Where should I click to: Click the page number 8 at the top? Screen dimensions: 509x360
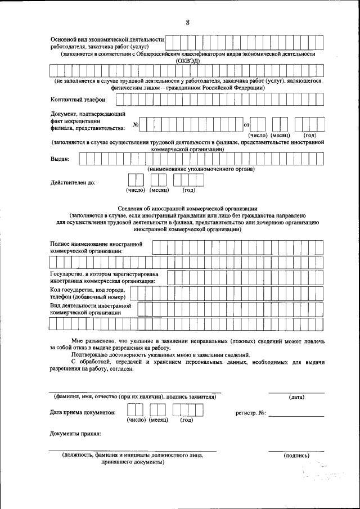(188, 22)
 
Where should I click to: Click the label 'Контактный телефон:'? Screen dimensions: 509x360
(78, 100)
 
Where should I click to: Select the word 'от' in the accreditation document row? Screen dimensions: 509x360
(246, 125)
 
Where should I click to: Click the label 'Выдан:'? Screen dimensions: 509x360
(60, 159)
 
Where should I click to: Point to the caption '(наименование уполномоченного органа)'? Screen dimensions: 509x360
(201, 169)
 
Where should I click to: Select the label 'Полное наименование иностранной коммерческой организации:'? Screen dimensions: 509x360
(96, 248)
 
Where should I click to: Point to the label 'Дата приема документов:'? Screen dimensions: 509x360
(83, 412)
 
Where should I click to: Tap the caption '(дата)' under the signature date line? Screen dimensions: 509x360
(296, 397)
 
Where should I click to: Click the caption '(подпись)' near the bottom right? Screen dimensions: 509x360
(296, 455)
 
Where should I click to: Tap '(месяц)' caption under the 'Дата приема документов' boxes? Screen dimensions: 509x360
(158, 420)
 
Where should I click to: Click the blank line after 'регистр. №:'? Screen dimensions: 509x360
(296, 415)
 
